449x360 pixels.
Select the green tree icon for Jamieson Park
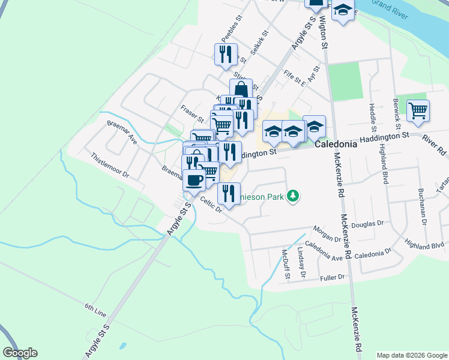pyautogui.click(x=293, y=196)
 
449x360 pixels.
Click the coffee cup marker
pyautogui.click(x=194, y=179)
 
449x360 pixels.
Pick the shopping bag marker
pyautogui.click(x=241, y=90)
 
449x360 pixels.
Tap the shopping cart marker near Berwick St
pyautogui.click(x=418, y=110)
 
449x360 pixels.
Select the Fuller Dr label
pyautogui.click(x=333, y=277)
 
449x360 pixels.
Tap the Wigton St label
pyautogui.click(x=324, y=32)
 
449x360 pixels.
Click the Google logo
pyautogui.click(x=20, y=353)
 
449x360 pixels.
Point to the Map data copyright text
pyautogui.click(x=411, y=355)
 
